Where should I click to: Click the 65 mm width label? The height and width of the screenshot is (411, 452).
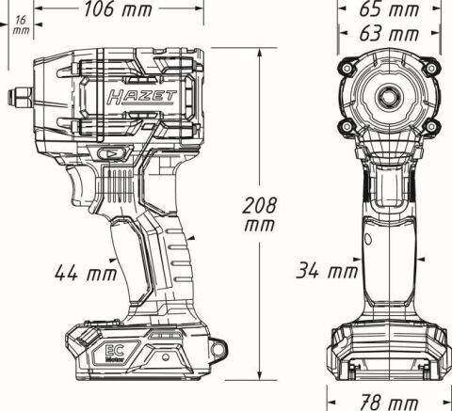point(390,10)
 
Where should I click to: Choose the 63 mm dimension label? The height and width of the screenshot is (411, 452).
point(390,33)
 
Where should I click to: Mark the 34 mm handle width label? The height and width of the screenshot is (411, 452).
point(324,272)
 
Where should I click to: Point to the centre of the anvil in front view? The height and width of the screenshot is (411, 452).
point(389,96)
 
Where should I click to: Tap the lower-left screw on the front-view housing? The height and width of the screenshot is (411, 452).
point(350,126)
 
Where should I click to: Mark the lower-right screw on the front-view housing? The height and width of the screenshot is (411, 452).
point(428,126)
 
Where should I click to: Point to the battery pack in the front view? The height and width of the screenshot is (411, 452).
point(389,355)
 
